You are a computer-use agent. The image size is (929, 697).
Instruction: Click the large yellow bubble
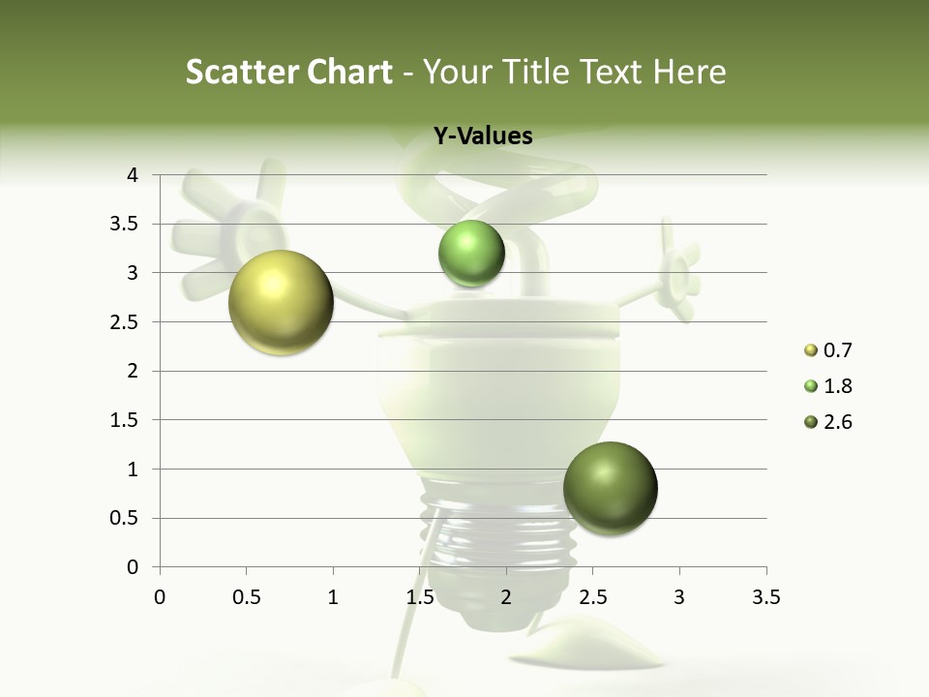[x=281, y=302]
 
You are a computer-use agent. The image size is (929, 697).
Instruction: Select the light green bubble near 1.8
[x=471, y=254]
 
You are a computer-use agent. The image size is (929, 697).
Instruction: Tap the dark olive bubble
[x=610, y=488]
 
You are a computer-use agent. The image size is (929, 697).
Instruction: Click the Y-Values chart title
[x=483, y=136]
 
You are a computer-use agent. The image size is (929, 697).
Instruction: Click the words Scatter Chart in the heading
[x=288, y=72]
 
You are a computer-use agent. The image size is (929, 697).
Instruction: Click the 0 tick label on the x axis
[x=160, y=597]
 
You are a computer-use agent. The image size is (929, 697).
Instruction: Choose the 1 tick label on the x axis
[x=333, y=597]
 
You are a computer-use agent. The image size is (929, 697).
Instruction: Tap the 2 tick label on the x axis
[x=506, y=597]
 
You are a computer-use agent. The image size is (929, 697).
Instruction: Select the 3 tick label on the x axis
[x=679, y=597]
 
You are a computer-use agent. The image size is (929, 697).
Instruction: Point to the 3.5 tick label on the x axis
[x=765, y=597]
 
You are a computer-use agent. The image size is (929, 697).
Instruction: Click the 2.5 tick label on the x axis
[x=592, y=597]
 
